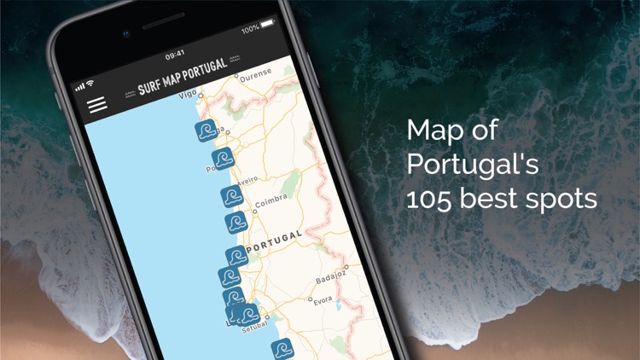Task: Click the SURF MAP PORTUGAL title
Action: click(183, 78)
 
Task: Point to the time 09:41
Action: click(175, 55)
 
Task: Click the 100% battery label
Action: click(250, 30)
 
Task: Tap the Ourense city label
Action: click(255, 75)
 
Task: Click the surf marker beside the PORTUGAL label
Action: click(236, 257)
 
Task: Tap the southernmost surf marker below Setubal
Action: click(282, 350)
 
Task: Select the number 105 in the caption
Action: click(432, 199)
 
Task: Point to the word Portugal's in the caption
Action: click(472, 165)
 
